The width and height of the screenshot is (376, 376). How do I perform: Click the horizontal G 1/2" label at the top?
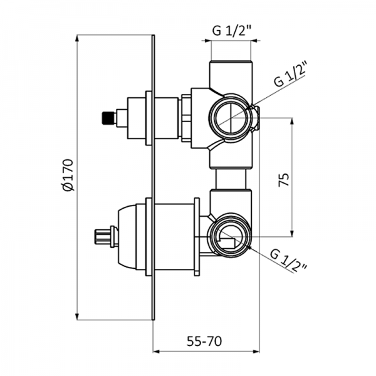(231, 30)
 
